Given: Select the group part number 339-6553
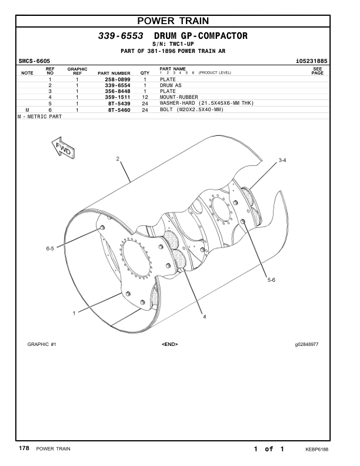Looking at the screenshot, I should (x=121, y=36).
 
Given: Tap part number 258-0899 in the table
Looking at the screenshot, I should (x=117, y=79).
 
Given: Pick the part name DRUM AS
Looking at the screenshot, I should (x=171, y=85).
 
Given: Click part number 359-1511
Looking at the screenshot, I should (x=117, y=97).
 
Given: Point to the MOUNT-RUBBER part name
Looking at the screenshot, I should (x=179, y=97).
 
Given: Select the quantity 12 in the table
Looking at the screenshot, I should (x=144, y=97).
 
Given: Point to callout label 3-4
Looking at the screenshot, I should (x=282, y=160).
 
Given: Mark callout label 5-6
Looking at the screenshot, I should (x=271, y=279).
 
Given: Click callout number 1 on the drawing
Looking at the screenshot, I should (x=74, y=313).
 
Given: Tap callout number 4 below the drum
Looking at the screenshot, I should (x=204, y=317).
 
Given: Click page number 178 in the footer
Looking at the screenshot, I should (x=24, y=449).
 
